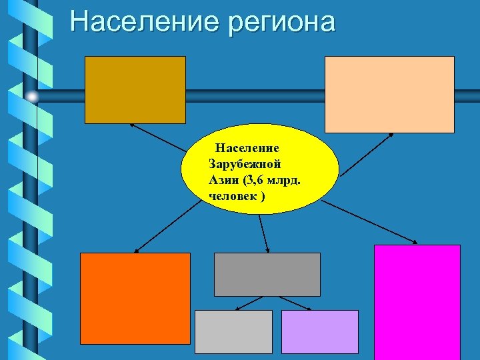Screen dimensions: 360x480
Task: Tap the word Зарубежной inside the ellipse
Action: [245, 163]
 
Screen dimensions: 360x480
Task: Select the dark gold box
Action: [135, 89]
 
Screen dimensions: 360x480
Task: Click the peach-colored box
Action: [389, 94]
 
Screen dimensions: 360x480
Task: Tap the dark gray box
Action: [267, 274]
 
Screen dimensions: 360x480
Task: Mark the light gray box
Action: [233, 331]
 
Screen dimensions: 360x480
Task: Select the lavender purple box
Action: [320, 331]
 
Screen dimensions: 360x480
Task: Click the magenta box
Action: [417, 301]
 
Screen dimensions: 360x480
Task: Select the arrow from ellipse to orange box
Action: [167, 227]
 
